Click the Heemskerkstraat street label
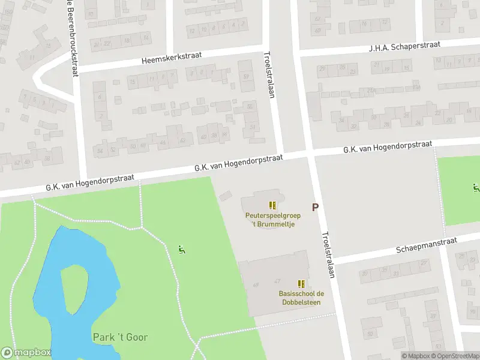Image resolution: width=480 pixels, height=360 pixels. (x=172, y=58)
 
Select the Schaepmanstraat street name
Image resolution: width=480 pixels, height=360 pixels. (x=427, y=245)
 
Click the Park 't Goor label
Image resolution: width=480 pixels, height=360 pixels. (x=120, y=337)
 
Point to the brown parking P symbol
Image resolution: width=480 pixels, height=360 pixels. (x=314, y=207)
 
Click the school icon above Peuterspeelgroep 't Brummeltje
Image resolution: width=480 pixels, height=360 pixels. (x=272, y=205)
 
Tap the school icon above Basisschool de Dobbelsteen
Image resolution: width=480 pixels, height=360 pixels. (x=301, y=284)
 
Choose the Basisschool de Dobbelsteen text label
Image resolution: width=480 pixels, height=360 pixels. (x=301, y=298)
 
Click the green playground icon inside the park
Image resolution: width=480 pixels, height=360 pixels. (x=182, y=249)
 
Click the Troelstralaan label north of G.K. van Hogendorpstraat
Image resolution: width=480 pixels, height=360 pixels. (x=268, y=74)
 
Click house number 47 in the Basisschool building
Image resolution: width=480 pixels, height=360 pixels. (x=277, y=281)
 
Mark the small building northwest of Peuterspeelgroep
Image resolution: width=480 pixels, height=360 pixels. (x=226, y=196)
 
